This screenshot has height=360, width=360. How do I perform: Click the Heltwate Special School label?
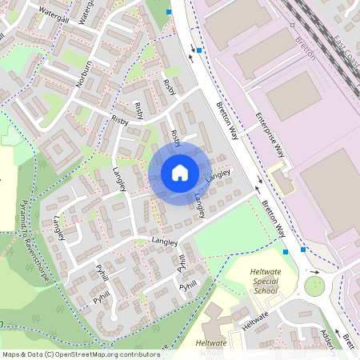tap(263, 282)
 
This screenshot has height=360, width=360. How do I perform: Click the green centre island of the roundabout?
tap(314, 285)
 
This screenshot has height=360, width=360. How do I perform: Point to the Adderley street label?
tap(329, 339)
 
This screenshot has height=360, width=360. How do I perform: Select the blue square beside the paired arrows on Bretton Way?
tap(199, 50)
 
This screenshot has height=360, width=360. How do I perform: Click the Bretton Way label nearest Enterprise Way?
tap(228, 120)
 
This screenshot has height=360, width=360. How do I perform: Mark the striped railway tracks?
tap(320, 32)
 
